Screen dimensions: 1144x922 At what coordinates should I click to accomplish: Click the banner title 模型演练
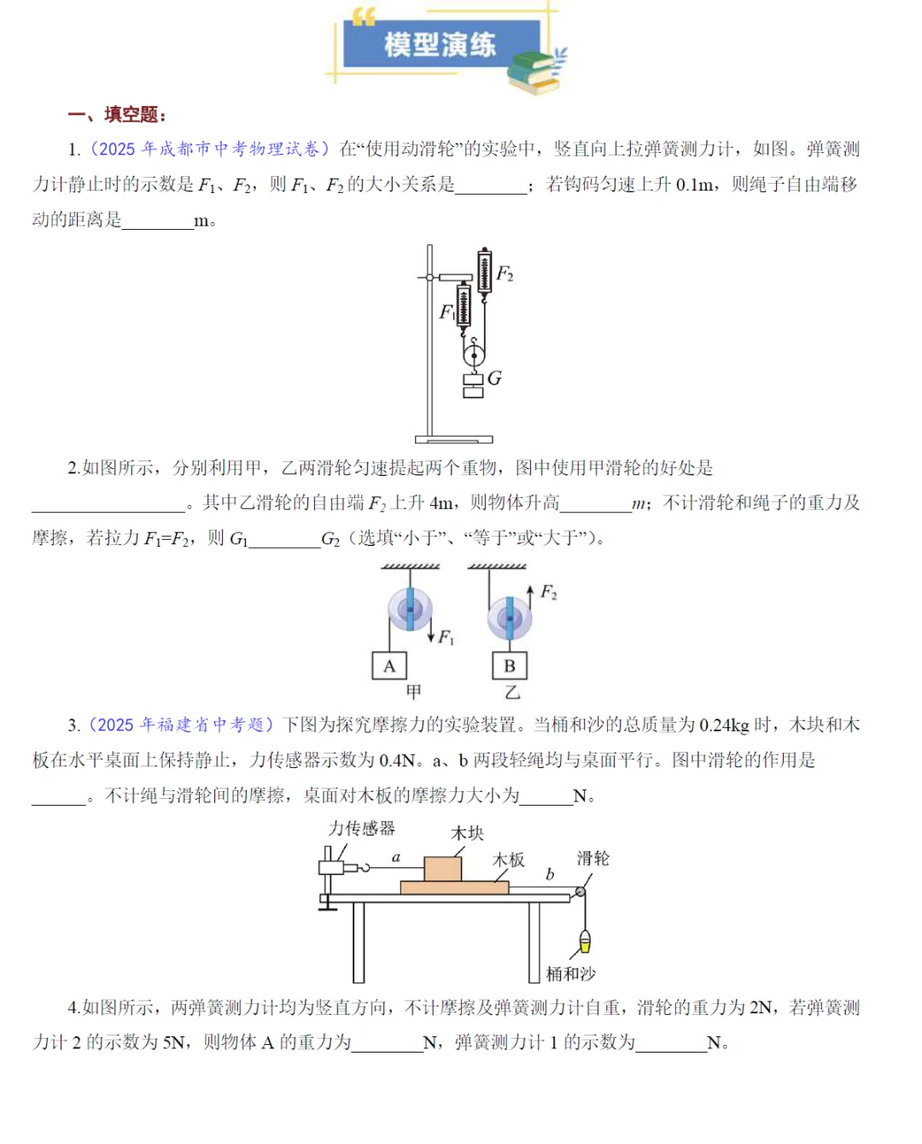440,44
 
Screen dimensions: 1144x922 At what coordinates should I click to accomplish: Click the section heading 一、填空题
117,114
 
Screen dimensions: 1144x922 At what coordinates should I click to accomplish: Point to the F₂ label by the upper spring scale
505,273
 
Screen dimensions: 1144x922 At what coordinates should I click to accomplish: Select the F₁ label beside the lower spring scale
446,312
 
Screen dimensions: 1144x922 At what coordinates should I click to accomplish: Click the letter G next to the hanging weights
494,378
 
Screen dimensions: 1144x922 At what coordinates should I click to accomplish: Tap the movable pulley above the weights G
474,353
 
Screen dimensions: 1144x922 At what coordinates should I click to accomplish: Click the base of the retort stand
453,439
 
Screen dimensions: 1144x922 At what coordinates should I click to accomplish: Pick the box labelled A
389,666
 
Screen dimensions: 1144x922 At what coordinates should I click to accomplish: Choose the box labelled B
510,666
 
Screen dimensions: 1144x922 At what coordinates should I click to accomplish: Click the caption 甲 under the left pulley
413,691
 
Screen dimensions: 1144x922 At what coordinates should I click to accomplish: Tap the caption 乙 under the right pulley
511,691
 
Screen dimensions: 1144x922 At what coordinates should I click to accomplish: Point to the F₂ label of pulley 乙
548,592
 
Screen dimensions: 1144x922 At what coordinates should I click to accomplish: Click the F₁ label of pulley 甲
446,637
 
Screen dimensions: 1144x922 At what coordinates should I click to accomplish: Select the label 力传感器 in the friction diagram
362,828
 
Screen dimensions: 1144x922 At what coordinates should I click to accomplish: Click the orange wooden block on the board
442,868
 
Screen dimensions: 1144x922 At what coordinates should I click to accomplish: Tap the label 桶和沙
570,973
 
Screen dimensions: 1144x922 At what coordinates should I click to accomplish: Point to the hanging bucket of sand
585,942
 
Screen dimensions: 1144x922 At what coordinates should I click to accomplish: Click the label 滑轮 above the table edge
592,858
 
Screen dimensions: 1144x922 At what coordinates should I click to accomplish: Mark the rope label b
550,874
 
